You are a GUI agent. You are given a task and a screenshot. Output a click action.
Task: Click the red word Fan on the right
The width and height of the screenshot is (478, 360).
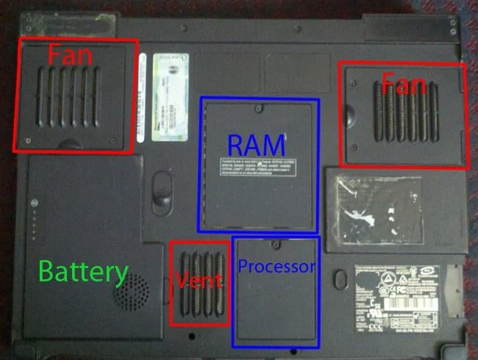[x=403, y=86]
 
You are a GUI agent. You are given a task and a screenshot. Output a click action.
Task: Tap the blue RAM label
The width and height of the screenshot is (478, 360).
[x=257, y=143]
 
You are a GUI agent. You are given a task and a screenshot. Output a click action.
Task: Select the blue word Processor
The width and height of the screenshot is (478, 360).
[x=277, y=267]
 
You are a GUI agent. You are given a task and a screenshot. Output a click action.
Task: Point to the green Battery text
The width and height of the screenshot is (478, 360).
[x=83, y=273]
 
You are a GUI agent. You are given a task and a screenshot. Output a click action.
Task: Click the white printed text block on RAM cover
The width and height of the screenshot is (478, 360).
[x=259, y=168]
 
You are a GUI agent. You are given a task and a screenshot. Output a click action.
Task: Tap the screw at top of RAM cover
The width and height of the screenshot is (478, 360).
[x=259, y=109]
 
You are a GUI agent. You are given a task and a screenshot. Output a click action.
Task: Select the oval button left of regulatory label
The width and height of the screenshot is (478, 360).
[x=340, y=280]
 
